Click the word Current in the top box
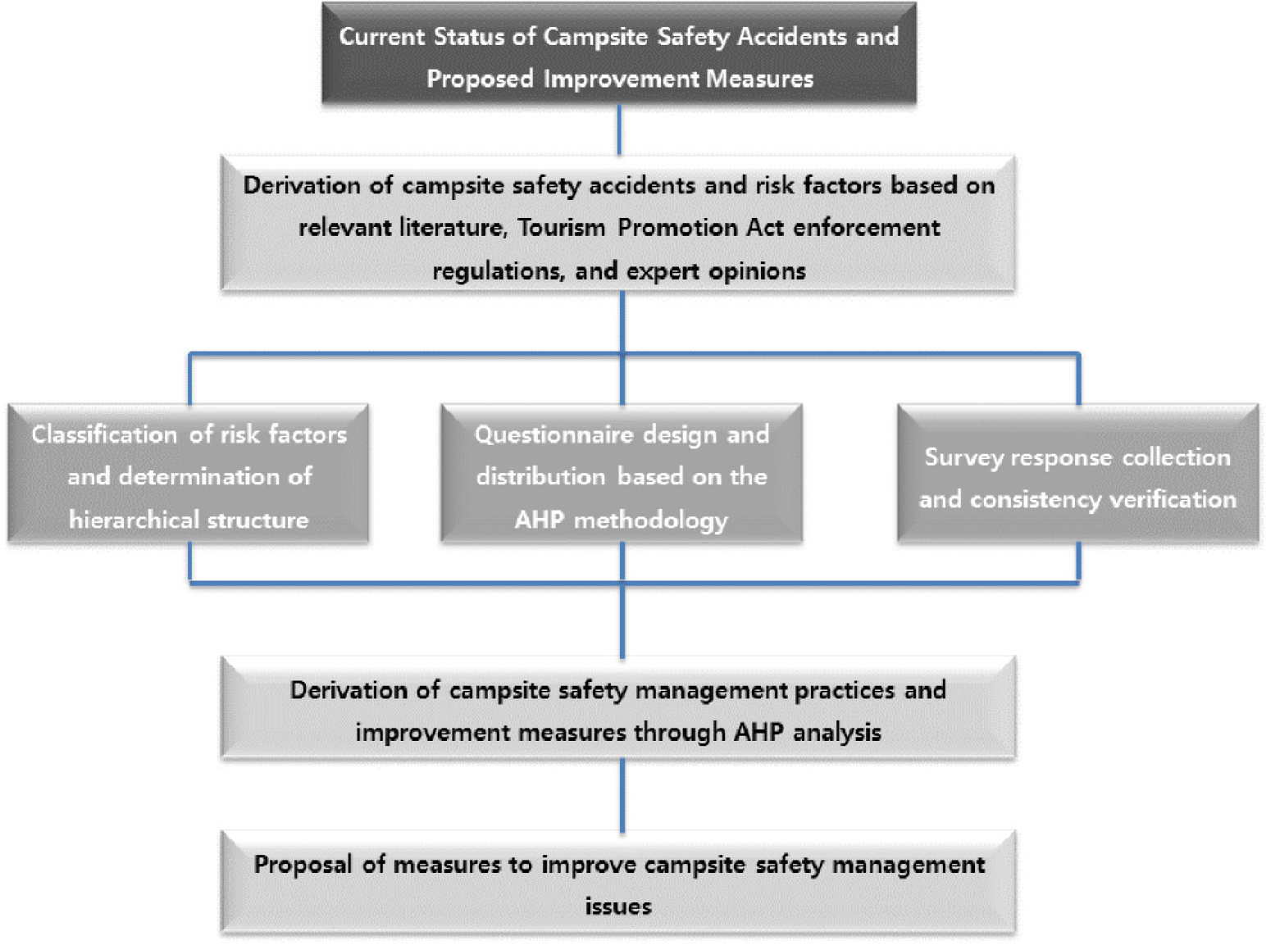pyautogui.click(x=382, y=37)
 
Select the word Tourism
pyautogui.click(x=561, y=227)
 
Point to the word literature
pyautogui.click(x=451, y=227)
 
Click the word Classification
pyautogui.click(x=104, y=434)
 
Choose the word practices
pyautogui.click(x=845, y=690)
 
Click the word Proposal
pyautogui.click(x=303, y=865)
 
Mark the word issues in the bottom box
pyautogui.click(x=618, y=906)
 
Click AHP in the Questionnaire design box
pyautogui.click(x=539, y=520)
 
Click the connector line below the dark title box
pyautogui.click(x=619, y=129)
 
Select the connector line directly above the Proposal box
pyautogui.click(x=622, y=795)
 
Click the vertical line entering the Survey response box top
pyautogui.click(x=1078, y=379)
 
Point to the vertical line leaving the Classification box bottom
pyautogui.click(x=190, y=562)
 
